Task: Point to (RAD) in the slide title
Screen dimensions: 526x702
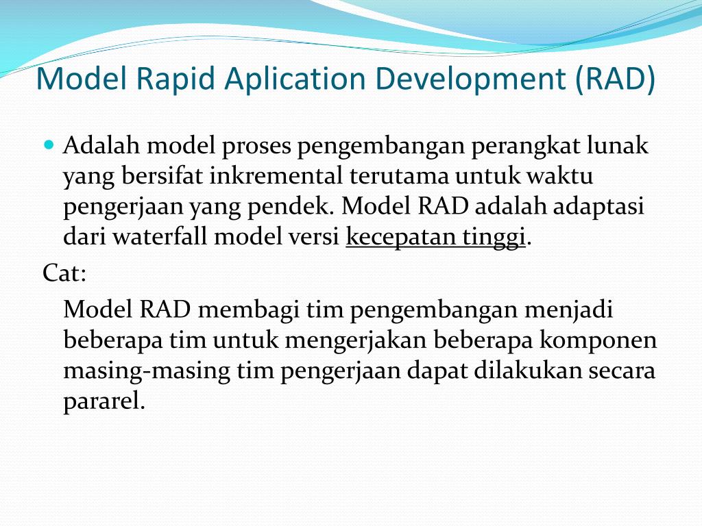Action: pyautogui.click(x=616, y=79)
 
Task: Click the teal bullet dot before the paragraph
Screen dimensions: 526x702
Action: pyautogui.click(x=49, y=145)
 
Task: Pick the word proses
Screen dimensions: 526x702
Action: pyautogui.click(x=256, y=147)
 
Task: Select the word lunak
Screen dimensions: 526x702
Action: pyautogui.click(x=618, y=147)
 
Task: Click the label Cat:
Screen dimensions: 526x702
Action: pyautogui.click(x=64, y=273)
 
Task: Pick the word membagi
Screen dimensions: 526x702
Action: pyautogui.click(x=248, y=310)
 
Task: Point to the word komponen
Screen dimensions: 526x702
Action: pyautogui.click(x=598, y=340)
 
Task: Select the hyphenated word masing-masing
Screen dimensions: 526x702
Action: pyautogui.click(x=147, y=370)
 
